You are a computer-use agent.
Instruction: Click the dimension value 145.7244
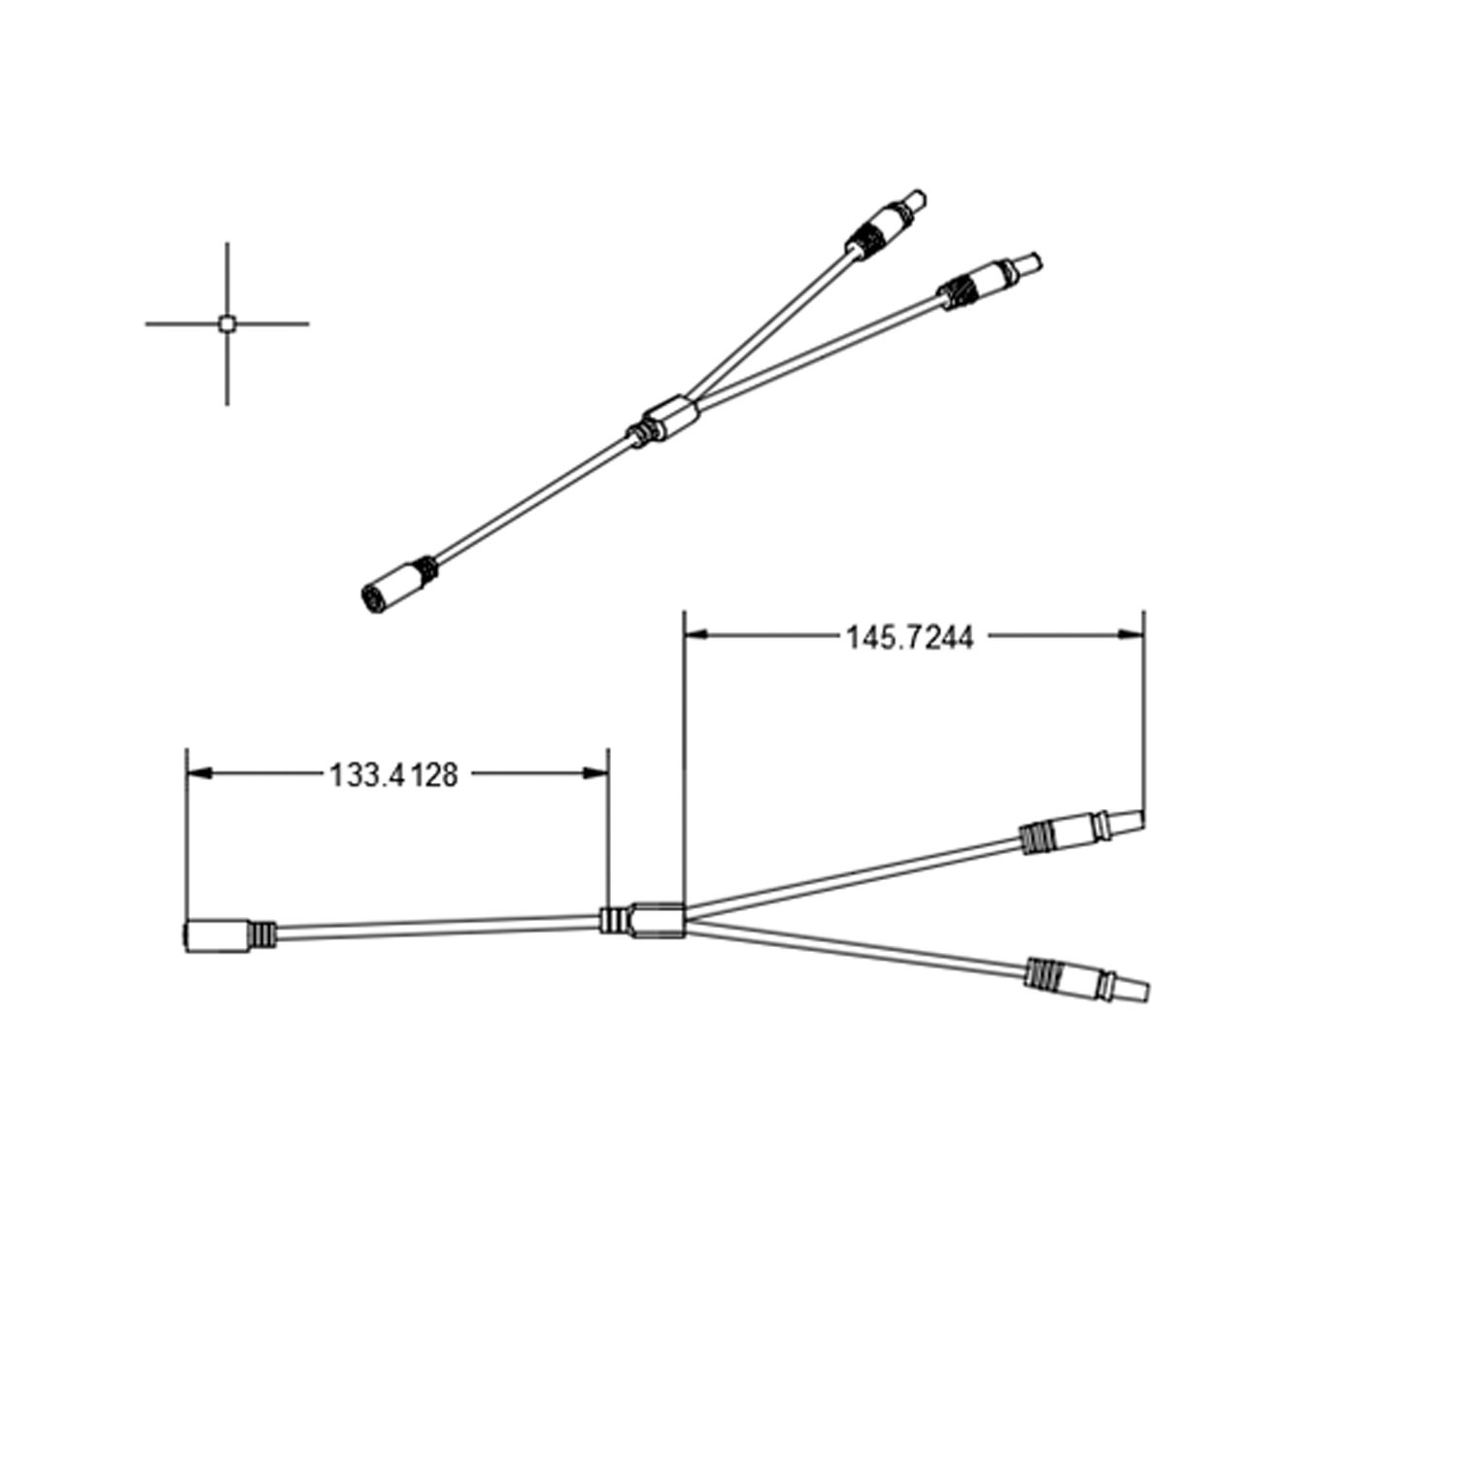coord(908,638)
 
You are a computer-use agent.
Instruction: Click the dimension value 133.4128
coord(393,775)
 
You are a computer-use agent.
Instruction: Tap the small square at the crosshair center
coord(226,324)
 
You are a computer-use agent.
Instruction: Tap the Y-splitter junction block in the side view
coord(659,920)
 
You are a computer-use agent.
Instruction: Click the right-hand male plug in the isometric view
coord(991,276)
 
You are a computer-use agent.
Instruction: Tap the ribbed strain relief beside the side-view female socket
coord(262,934)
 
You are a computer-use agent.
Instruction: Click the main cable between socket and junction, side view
coord(437,929)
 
